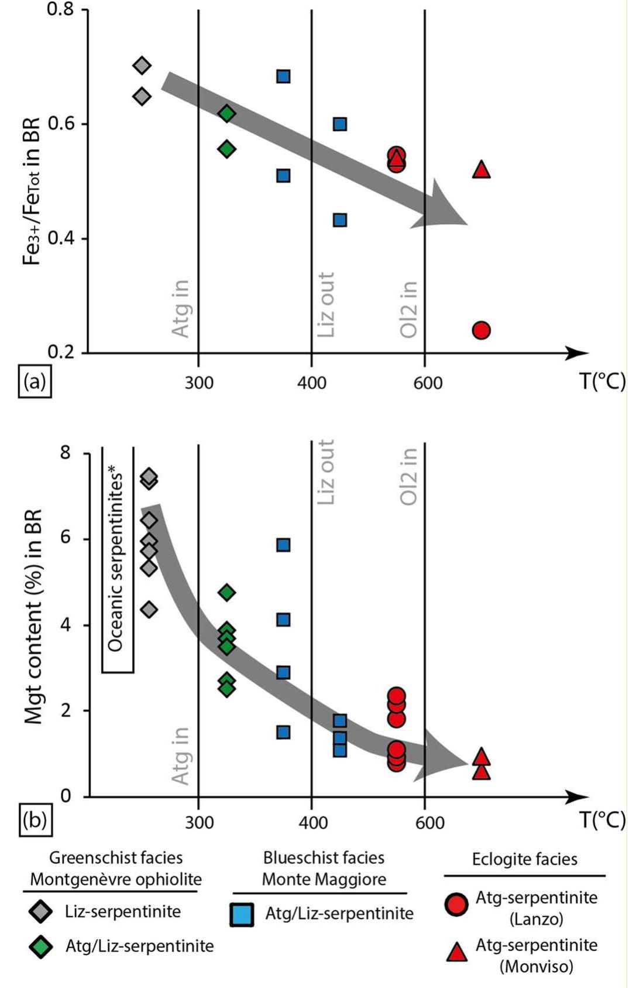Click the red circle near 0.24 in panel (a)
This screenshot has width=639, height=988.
[480, 330]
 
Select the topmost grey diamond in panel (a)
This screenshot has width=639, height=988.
[142, 66]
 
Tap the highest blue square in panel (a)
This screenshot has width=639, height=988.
[283, 76]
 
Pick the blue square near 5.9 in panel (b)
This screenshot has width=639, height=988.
[283, 545]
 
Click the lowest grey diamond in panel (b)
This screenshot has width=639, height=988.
[149, 610]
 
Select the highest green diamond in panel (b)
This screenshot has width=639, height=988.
[226, 593]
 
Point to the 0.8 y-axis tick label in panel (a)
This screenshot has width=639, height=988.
[60, 11]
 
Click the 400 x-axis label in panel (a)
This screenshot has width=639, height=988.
[311, 384]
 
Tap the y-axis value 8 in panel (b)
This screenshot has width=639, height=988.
[66, 453]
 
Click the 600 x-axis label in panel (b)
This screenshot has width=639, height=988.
[430, 823]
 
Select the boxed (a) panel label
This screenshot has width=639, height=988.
[35, 382]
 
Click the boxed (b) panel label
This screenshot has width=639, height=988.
[35, 820]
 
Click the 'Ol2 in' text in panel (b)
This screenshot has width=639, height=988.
[408, 476]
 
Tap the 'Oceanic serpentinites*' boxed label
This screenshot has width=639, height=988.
[118, 560]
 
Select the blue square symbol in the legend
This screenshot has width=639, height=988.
[242, 914]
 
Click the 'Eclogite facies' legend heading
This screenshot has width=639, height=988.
[524, 859]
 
